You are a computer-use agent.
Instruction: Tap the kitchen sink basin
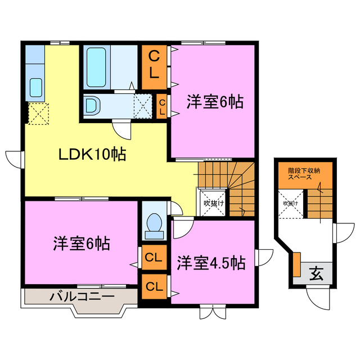(x=36, y=87)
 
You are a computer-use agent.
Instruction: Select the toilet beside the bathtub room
(x=92, y=105)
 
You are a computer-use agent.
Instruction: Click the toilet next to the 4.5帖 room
(x=152, y=225)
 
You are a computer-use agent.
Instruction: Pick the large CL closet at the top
(x=154, y=65)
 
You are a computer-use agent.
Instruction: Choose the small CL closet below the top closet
(x=161, y=106)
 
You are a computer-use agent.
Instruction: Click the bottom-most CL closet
(x=153, y=286)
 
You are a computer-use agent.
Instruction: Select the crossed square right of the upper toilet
(x=142, y=105)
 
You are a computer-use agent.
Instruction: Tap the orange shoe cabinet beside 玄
(x=296, y=265)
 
